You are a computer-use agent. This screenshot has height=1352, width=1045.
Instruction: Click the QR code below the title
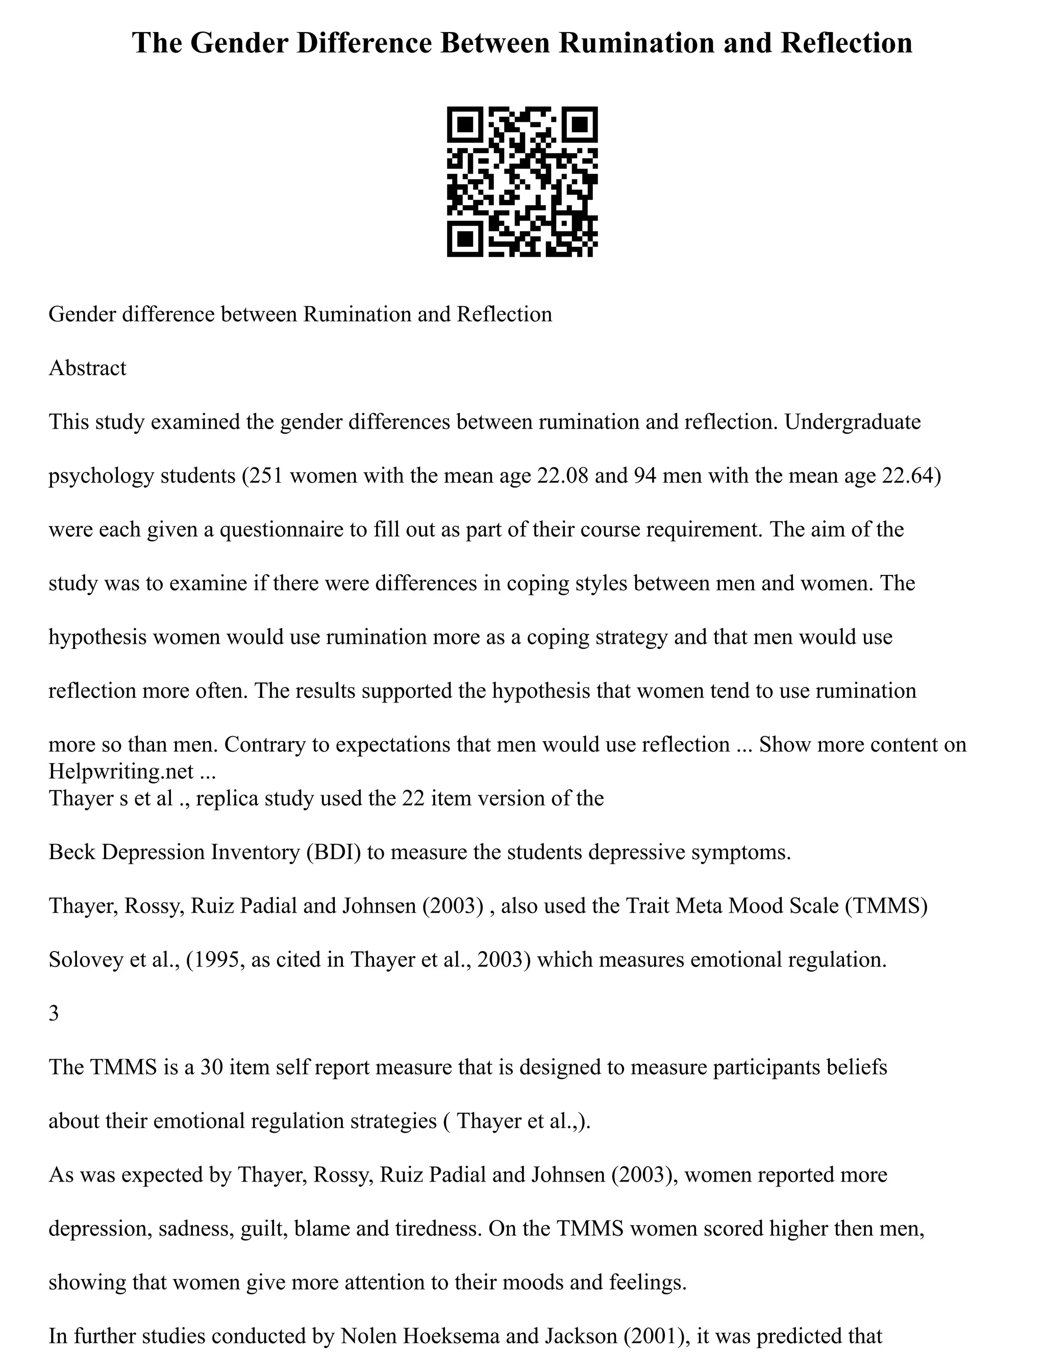point(522,182)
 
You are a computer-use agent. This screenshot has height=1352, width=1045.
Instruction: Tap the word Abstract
point(87,368)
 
